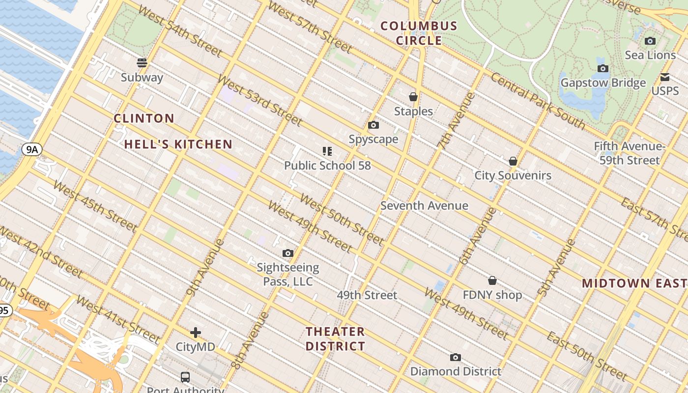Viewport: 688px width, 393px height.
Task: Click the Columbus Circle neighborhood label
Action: pos(419,33)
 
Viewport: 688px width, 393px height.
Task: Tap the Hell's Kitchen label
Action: pos(178,144)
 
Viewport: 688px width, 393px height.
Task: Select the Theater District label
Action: pos(335,339)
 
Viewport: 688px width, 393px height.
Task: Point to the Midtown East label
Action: pos(634,283)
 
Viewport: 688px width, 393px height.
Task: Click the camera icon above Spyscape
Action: pos(373,125)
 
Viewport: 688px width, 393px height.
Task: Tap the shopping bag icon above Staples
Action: pos(413,97)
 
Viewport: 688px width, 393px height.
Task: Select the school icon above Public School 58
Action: pos(327,151)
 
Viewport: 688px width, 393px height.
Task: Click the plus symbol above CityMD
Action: pos(196,333)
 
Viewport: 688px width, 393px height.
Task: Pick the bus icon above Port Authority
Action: pos(185,377)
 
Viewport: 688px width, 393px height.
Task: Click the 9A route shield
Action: pos(31,149)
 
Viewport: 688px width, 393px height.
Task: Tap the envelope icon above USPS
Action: pos(665,77)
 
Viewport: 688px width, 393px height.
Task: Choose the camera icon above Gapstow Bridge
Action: pos(603,68)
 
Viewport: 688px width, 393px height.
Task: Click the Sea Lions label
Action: pos(650,55)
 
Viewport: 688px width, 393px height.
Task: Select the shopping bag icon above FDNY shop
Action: pos(492,281)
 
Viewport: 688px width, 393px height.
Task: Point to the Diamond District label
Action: pos(456,371)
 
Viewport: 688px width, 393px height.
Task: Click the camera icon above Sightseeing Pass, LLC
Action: pos(288,253)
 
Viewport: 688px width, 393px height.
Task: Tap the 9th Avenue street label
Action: pos(205,268)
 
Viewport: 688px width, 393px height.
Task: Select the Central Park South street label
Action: pos(538,101)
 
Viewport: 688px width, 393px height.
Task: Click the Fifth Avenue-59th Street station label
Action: pos(629,153)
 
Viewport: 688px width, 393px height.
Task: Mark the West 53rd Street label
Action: pos(259,100)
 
